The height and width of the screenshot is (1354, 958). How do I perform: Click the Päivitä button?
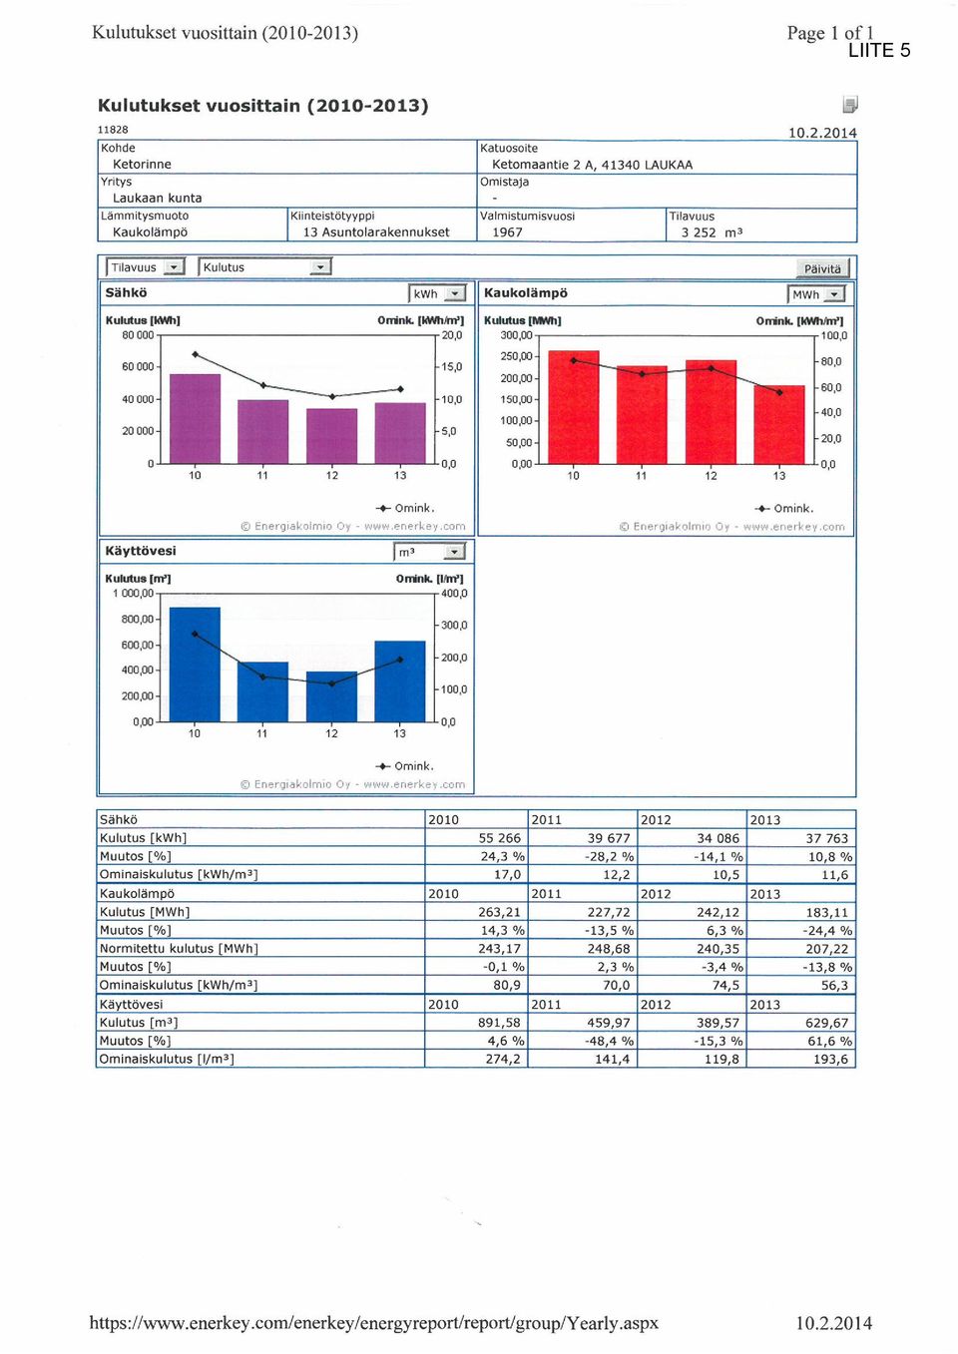tap(822, 267)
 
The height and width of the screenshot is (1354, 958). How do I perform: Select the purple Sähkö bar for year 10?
tap(195, 419)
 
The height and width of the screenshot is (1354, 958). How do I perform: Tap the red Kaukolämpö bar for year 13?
tap(779, 424)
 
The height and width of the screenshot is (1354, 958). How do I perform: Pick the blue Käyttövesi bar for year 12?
tap(331, 696)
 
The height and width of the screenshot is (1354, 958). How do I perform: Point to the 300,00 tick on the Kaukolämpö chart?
tap(516, 335)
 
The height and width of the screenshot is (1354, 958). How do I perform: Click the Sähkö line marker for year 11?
tap(262, 385)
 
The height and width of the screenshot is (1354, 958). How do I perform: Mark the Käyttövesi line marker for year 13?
tap(399, 660)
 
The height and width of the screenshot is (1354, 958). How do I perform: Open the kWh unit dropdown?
tap(437, 293)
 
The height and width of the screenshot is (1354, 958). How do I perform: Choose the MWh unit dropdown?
tap(816, 294)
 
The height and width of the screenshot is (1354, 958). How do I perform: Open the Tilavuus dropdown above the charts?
tap(145, 267)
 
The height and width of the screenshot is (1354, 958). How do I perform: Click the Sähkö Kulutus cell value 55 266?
tap(499, 838)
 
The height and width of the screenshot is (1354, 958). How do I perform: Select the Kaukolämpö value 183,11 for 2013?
tap(827, 912)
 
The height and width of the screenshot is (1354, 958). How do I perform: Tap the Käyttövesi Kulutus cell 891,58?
tap(499, 1023)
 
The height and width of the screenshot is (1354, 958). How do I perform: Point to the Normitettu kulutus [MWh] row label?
tap(179, 949)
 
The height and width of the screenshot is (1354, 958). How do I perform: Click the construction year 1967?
tap(507, 232)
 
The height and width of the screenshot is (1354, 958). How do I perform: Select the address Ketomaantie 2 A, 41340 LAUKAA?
tap(593, 165)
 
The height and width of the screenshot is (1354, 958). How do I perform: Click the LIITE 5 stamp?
tap(879, 50)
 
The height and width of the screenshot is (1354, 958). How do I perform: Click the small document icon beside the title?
tap(850, 105)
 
